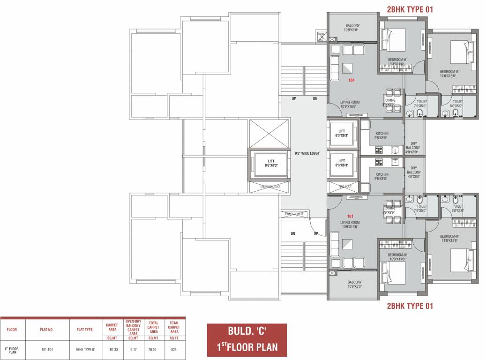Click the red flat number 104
click(x=351, y=80)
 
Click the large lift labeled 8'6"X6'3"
click(x=269, y=163)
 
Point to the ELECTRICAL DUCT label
click(x=269, y=187)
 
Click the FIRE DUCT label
click(x=344, y=187)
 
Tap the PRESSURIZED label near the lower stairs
click(x=294, y=214)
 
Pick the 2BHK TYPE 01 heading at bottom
click(x=410, y=306)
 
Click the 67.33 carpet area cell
click(x=112, y=349)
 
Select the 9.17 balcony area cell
click(x=133, y=349)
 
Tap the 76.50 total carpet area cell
click(x=154, y=349)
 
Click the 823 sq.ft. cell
click(x=174, y=349)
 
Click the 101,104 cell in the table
click(x=46, y=349)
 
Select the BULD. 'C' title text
click(x=247, y=330)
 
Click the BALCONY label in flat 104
click(x=352, y=27)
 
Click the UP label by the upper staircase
click(x=294, y=99)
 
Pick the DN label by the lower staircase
click(x=293, y=233)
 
